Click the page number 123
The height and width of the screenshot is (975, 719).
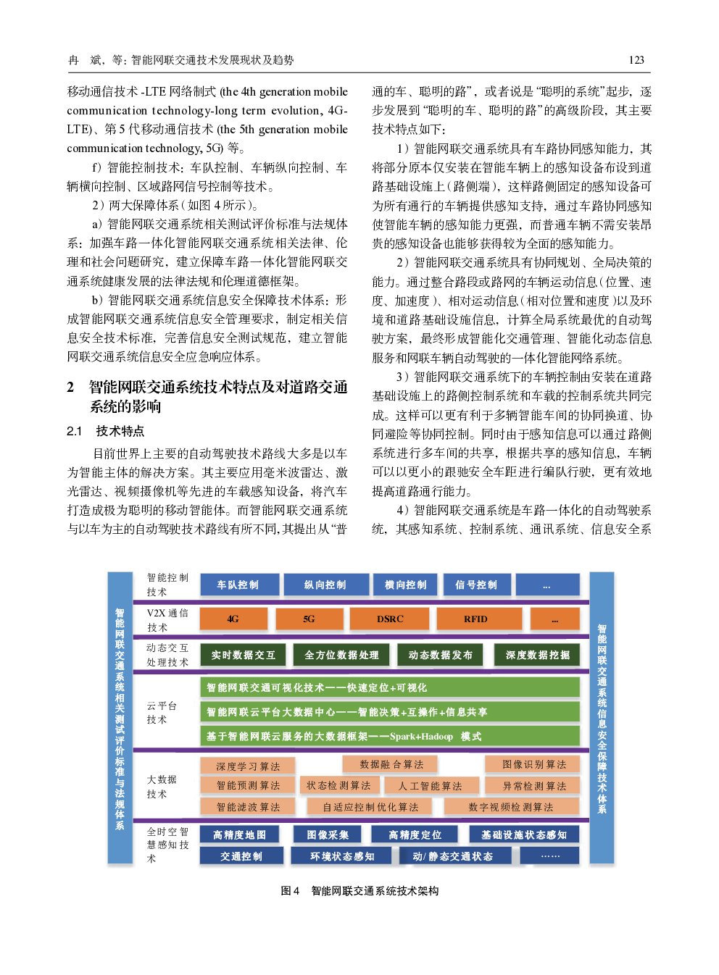coord(636,60)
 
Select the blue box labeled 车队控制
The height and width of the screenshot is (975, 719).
coord(239,584)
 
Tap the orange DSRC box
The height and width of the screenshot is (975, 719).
coord(389,619)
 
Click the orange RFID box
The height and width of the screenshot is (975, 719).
coord(479,619)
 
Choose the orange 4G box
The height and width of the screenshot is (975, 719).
coord(233,619)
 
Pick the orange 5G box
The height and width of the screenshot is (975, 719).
coord(309,619)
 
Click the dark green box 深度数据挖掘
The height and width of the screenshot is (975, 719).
coord(537,655)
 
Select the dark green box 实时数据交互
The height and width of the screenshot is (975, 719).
coord(243,655)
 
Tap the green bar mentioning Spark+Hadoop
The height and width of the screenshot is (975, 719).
coord(390,736)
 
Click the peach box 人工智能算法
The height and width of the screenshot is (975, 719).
coord(431,785)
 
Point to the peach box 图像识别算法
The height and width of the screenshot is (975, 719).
coord(533,764)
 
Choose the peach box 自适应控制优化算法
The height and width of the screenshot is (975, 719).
coord(370,806)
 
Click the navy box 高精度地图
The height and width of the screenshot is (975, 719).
coord(239,834)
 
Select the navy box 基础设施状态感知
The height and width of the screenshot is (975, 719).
coord(524,834)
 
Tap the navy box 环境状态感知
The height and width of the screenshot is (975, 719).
coord(342,855)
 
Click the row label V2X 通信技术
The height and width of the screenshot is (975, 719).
coord(167,620)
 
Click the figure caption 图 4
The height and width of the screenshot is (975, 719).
coord(290,890)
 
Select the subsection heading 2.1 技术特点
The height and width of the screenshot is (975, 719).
coord(105,431)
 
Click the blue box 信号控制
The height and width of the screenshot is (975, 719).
coord(477,584)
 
